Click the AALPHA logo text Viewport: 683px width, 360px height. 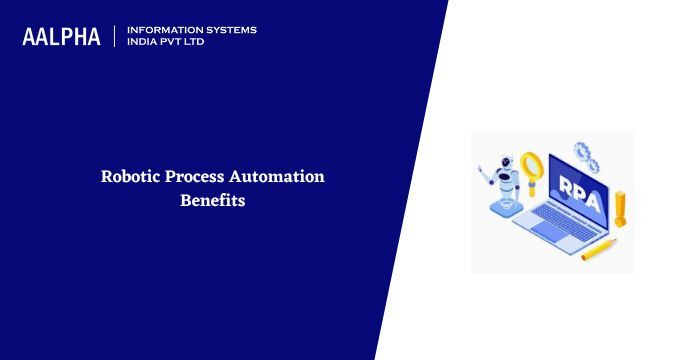(61, 37)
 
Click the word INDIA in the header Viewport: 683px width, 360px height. (143, 42)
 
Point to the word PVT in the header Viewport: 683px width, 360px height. (176, 42)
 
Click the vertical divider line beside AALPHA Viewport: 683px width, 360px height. (115, 37)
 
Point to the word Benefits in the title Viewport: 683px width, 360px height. (212, 200)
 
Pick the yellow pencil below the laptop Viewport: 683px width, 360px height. (599, 249)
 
